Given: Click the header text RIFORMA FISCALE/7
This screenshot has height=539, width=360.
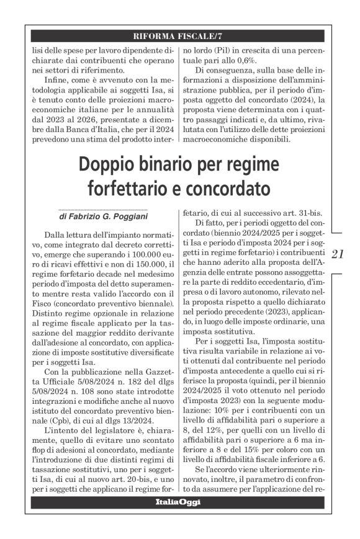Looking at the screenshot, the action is point(179,34).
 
